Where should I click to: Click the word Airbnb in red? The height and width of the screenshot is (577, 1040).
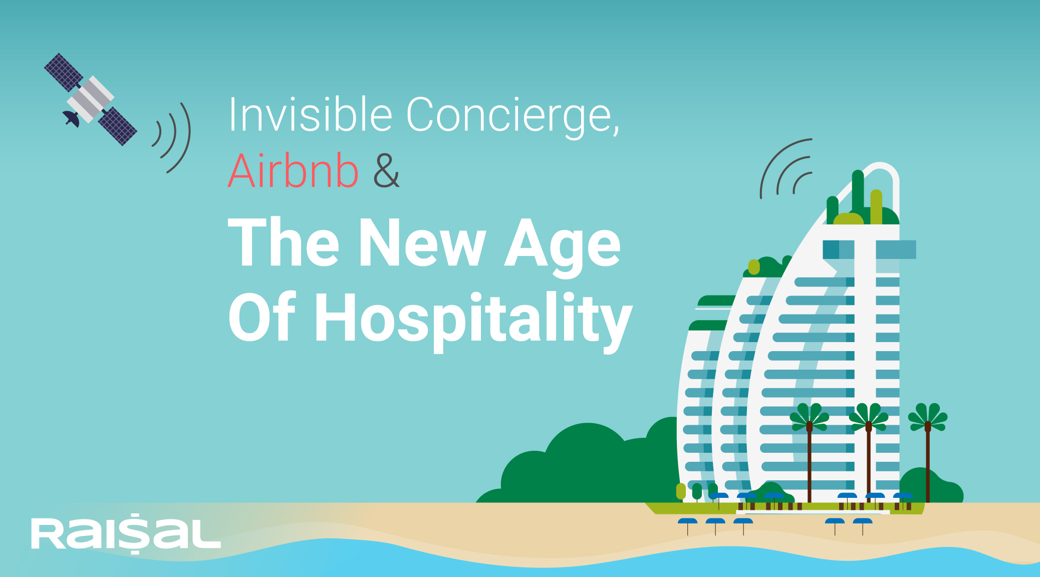[293, 170]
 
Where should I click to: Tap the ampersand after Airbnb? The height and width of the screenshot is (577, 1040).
[386, 171]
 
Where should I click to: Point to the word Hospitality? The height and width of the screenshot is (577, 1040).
[473, 319]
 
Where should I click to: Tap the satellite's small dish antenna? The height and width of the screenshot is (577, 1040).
[71, 119]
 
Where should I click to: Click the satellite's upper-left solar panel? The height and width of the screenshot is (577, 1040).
[63, 72]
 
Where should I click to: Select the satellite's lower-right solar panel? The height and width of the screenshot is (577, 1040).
[117, 126]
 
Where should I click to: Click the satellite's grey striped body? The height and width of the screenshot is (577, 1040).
[91, 99]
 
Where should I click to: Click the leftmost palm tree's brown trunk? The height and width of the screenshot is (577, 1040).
[810, 463]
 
